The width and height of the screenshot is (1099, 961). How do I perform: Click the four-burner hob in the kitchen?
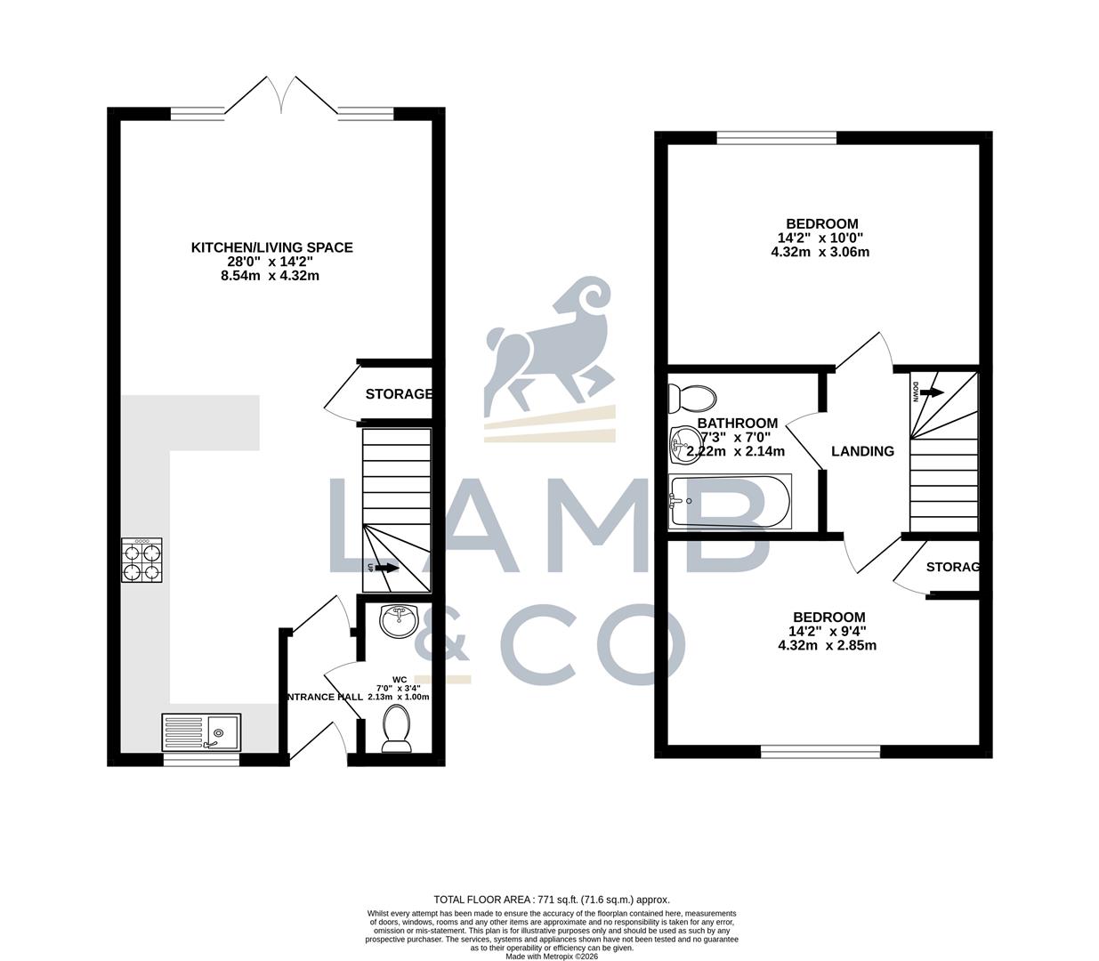(142, 561)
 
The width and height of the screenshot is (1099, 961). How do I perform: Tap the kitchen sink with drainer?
(201, 732)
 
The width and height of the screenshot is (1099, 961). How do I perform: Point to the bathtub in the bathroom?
(729, 501)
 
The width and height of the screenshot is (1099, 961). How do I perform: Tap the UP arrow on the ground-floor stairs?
(386, 567)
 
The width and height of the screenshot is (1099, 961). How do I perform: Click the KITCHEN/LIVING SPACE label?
(272, 247)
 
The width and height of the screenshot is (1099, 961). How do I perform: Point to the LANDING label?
(862, 451)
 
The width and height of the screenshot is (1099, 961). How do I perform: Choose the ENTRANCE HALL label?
(324, 697)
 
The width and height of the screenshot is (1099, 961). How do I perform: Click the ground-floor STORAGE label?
(399, 394)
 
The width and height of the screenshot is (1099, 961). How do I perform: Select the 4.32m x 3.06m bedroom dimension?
(820, 252)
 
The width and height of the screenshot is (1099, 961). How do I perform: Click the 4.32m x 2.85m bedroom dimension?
(828, 645)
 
